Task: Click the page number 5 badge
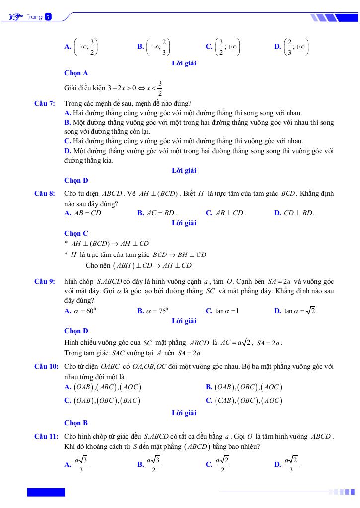(48, 17)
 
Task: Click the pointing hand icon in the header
(16, 17)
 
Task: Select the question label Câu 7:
(44, 103)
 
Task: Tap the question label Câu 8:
(44, 193)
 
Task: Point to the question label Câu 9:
(44, 281)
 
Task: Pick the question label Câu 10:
(46, 367)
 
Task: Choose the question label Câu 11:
(46, 436)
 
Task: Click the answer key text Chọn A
(76, 73)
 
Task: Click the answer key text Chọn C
(76, 233)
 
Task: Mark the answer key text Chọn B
(76, 423)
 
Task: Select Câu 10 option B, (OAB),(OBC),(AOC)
(243, 387)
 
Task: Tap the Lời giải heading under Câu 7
(184, 170)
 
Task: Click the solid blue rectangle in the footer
(46, 492)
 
